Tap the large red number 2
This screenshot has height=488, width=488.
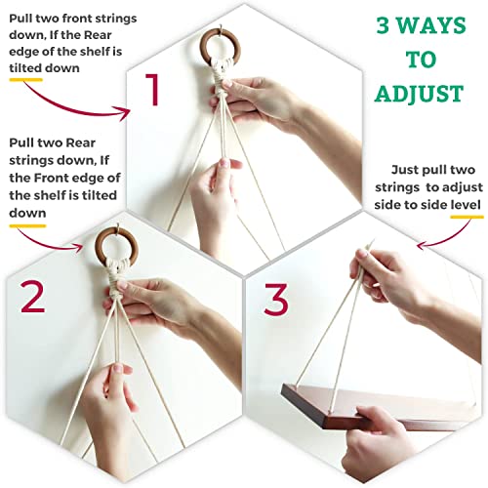pos(32,297)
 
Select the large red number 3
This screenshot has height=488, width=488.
pos(276,300)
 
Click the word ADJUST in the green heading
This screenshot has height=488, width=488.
pos(419,94)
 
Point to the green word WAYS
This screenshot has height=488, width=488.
pos(431,25)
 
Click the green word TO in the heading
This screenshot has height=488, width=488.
pos(421,60)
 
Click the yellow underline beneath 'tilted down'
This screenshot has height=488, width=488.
pos(25,80)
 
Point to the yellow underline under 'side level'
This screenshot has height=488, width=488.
pos(467,217)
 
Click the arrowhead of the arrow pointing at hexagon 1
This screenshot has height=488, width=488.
pos(125,113)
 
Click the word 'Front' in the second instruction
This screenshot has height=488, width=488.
pos(51,178)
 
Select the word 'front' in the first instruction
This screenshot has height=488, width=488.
pos(76,19)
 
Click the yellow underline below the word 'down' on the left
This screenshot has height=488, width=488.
pos(27,225)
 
